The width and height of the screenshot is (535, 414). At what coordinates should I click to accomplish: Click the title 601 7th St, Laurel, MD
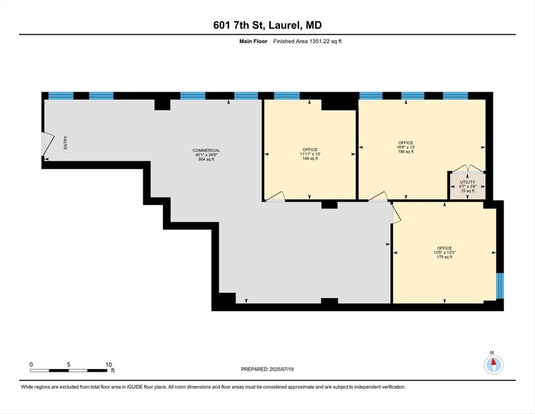pyautogui.click(x=267, y=25)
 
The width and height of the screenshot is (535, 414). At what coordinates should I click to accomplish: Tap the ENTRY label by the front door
pyautogui.click(x=65, y=142)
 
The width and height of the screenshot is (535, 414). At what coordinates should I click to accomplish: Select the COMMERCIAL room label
pyautogui.click(x=207, y=151)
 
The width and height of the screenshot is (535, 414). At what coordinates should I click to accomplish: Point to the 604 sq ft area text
pyautogui.click(x=207, y=160)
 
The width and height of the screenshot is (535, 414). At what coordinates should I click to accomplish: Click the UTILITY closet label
pyautogui.click(x=468, y=182)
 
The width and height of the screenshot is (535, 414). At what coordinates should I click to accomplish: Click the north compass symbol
pyautogui.click(x=494, y=363)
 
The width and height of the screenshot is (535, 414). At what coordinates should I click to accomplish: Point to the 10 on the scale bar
pyautogui.click(x=108, y=364)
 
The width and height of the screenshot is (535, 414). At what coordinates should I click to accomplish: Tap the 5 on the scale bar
pyautogui.click(x=69, y=364)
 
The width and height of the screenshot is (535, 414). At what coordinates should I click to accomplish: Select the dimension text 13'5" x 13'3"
pyautogui.click(x=444, y=253)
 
